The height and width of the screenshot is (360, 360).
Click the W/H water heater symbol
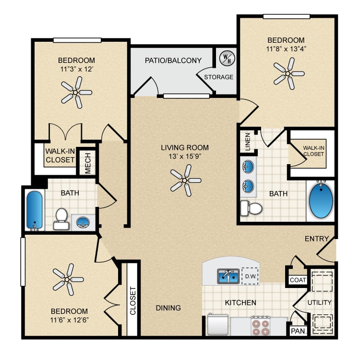[x=227, y=58]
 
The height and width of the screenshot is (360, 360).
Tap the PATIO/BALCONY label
[x=173, y=60]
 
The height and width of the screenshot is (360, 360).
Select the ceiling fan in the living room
[x=185, y=180]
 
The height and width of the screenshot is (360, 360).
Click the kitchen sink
[x=228, y=276]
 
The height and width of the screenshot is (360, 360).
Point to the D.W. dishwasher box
[x=250, y=276]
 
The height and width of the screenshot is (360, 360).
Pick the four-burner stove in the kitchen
[x=260, y=326]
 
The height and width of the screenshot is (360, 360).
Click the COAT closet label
[x=298, y=280]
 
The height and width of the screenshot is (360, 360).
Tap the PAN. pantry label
[x=299, y=331]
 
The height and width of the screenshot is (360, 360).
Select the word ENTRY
[x=317, y=239]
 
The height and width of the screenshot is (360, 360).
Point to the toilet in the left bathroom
[x=61, y=219]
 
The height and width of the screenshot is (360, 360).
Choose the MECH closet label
[x=88, y=163]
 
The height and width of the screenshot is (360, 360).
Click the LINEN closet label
[x=248, y=142]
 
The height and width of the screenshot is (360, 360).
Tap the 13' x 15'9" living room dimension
[x=185, y=156]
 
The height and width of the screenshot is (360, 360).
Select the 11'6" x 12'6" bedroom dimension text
[x=69, y=320]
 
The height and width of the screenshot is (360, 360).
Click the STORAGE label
[x=218, y=77]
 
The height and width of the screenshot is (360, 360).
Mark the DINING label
[x=168, y=308]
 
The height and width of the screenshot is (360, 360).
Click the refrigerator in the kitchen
[x=217, y=325]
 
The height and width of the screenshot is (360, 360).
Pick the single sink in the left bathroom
[x=83, y=222]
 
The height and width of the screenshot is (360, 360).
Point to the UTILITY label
[x=319, y=302]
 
